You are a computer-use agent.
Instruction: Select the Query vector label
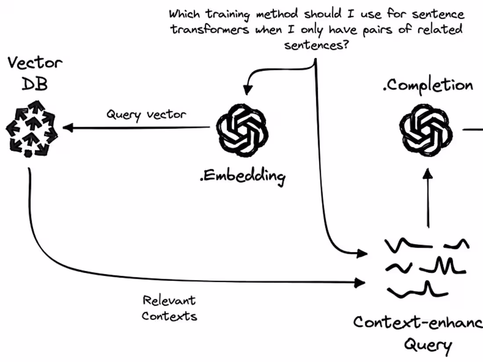146,114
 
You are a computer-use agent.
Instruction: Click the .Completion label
428,85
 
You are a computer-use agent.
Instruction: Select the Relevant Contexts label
169,308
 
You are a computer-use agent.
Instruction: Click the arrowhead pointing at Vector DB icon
67,128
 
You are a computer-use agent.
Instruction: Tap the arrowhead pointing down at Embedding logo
247,91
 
